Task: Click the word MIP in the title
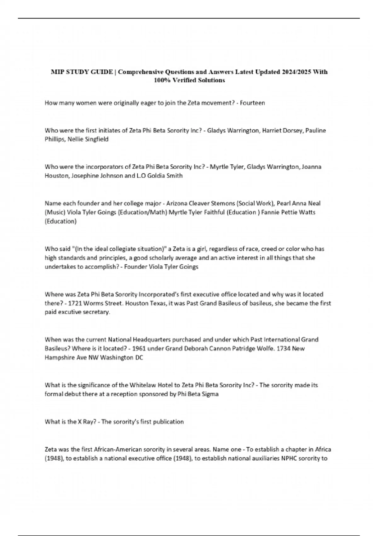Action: [57, 72]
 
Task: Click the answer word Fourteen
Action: [252, 103]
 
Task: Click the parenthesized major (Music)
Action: [55, 212]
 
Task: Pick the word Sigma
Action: [210, 394]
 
